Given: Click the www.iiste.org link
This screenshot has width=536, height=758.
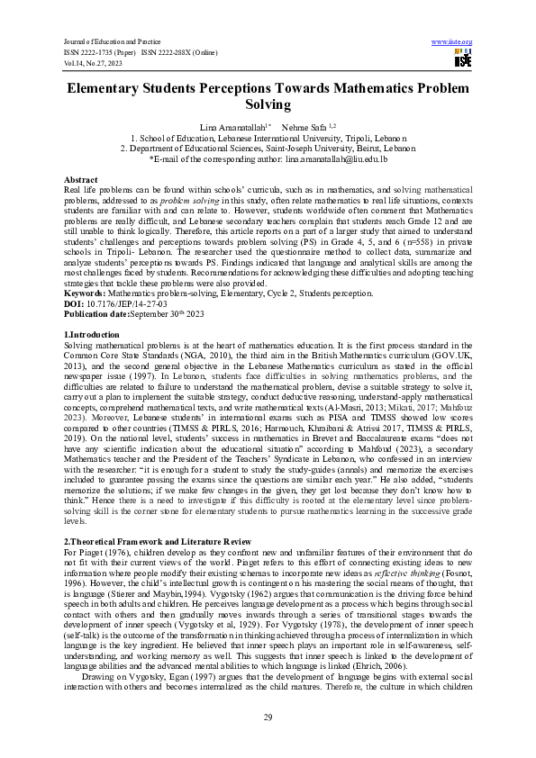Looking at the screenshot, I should pyautogui.click(x=451, y=42).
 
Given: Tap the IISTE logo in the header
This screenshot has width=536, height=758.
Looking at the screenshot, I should pyautogui.click(x=462, y=59).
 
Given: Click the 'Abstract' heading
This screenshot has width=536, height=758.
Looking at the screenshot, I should pyautogui.click(x=81, y=180).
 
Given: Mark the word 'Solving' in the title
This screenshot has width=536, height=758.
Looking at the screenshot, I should pyautogui.click(x=268, y=106).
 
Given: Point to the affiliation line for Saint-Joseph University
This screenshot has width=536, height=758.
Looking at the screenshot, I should pyautogui.click(x=268, y=148).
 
